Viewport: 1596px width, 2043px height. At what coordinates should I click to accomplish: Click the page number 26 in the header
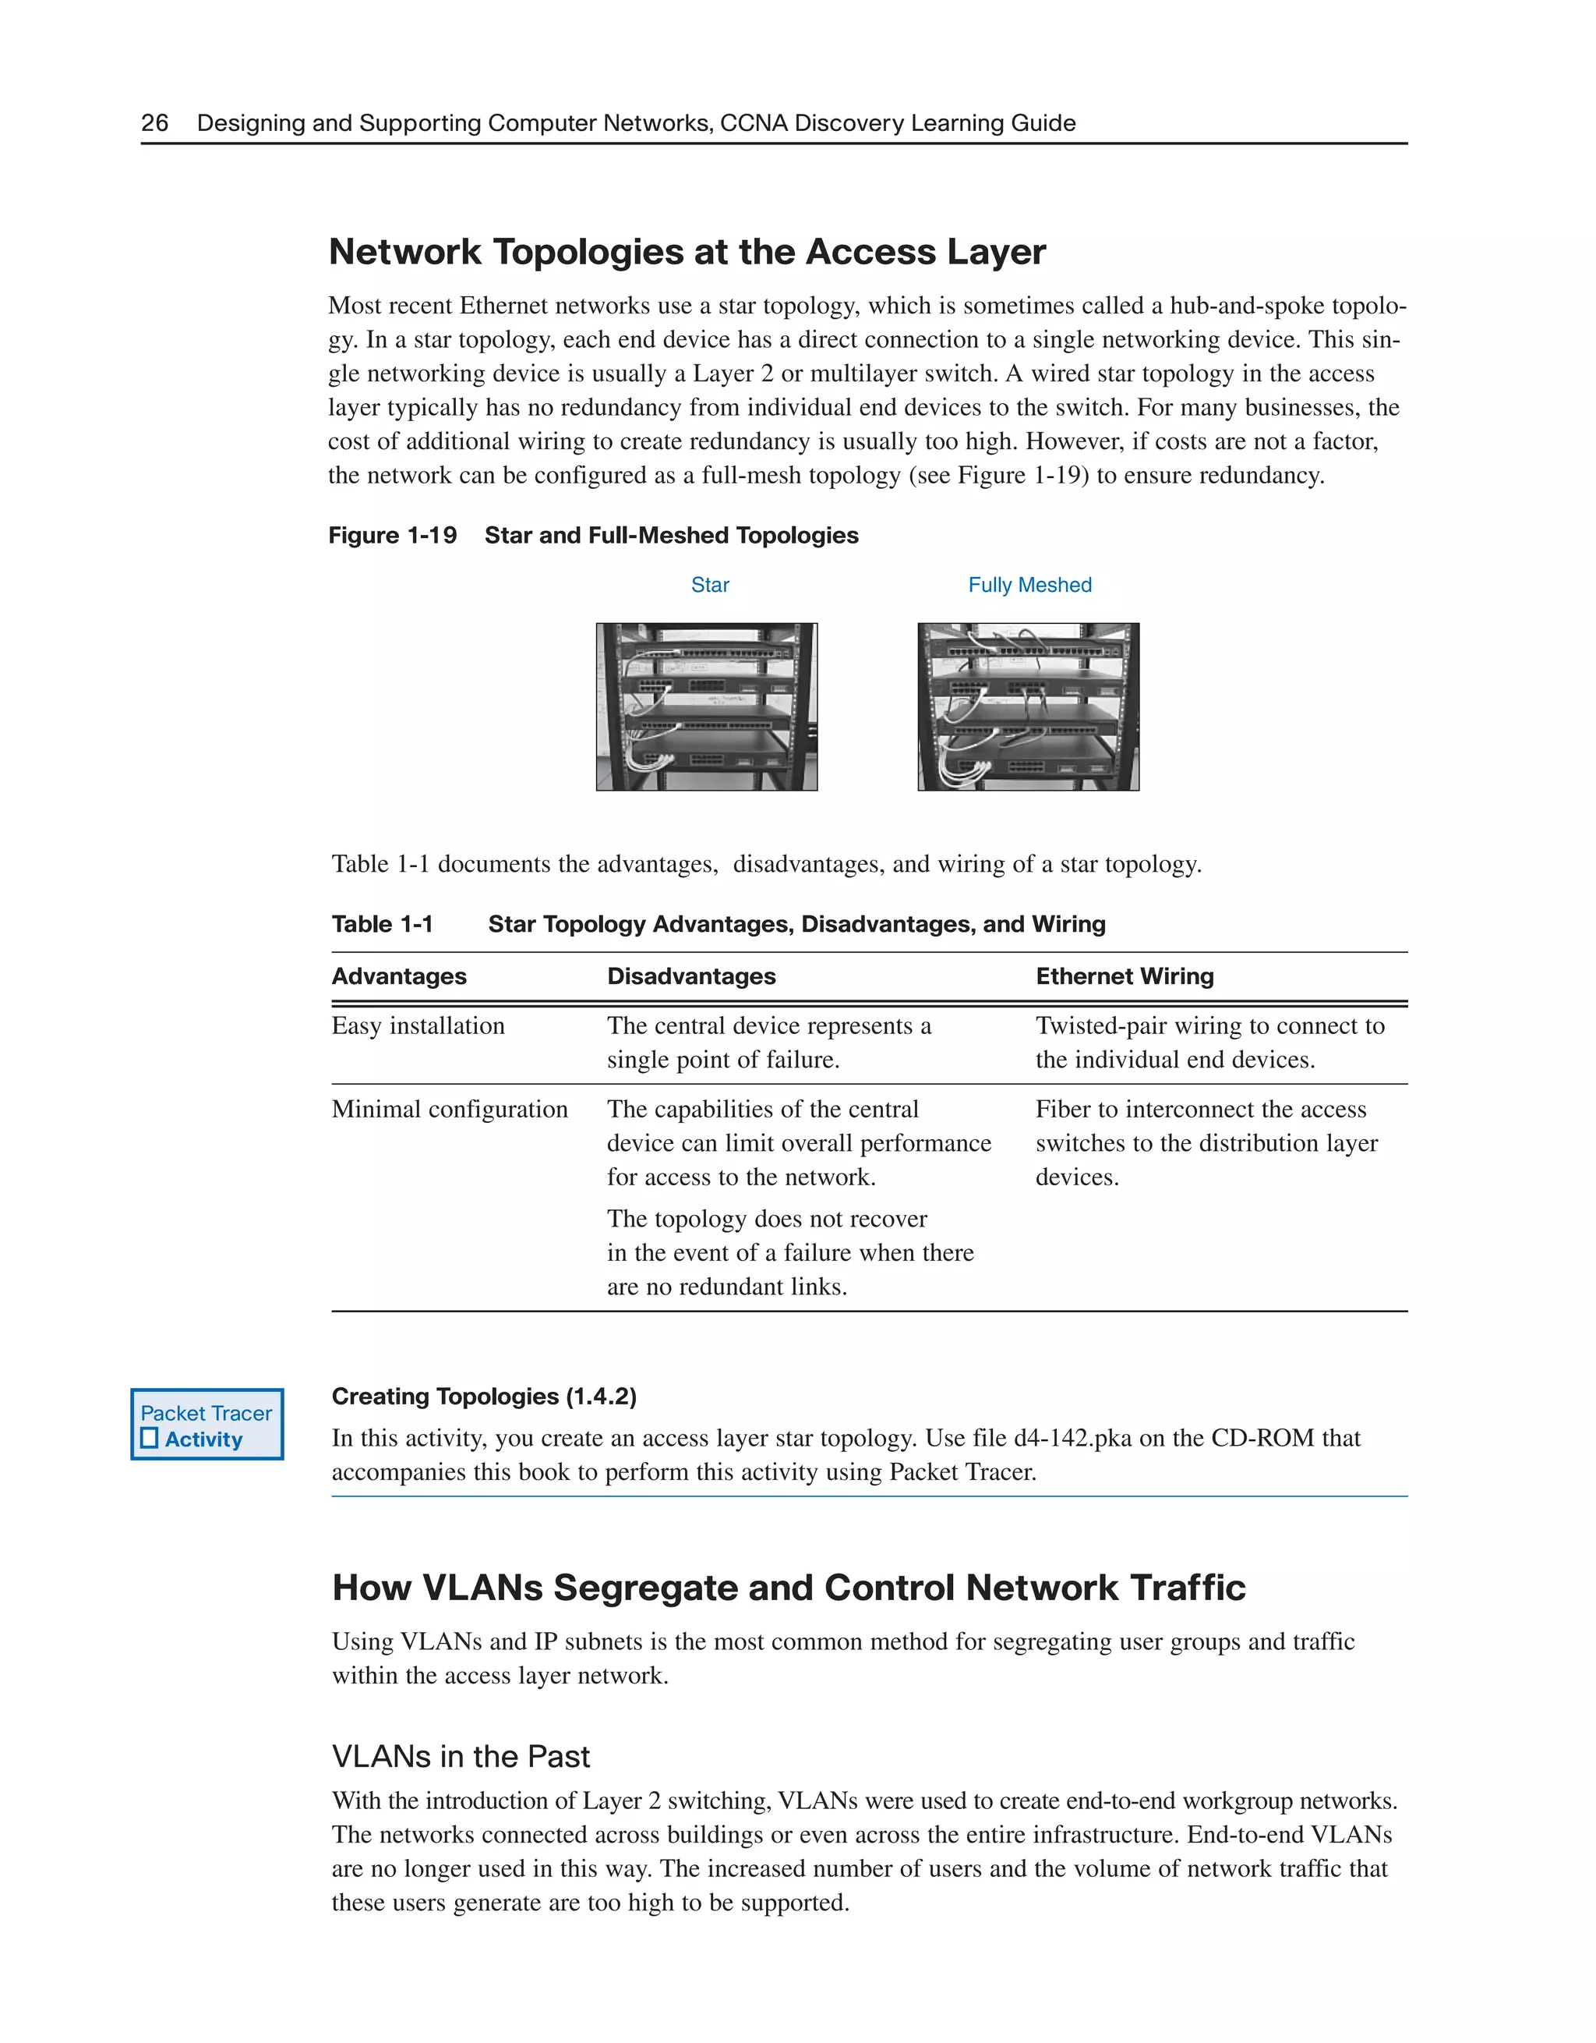point(154,122)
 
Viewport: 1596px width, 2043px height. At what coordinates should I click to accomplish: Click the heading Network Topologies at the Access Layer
point(687,252)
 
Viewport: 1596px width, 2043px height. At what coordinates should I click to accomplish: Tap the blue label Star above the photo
point(710,585)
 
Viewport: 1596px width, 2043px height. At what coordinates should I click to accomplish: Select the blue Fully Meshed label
point(1029,585)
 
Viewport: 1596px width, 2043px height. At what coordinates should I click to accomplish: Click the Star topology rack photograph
point(707,706)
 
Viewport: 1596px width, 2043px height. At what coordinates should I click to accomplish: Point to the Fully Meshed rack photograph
point(1029,706)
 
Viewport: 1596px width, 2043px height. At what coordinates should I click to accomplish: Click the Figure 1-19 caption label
point(392,535)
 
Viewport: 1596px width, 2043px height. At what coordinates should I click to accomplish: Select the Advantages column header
point(399,975)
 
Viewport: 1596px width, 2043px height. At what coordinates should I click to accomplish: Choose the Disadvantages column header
point(691,975)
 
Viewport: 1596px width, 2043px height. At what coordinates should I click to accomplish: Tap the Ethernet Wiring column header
point(1124,975)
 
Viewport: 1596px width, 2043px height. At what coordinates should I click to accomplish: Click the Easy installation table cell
point(418,1025)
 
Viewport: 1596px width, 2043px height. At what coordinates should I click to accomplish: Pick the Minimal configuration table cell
point(450,1109)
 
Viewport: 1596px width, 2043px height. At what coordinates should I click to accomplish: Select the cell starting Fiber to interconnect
point(1206,1142)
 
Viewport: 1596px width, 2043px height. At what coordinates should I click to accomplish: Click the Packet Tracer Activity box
point(207,1424)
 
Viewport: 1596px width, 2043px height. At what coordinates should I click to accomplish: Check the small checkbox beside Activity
point(150,1439)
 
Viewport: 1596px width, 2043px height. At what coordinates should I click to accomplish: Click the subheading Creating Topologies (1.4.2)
point(483,1396)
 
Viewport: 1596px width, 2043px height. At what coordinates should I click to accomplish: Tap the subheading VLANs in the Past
point(460,1756)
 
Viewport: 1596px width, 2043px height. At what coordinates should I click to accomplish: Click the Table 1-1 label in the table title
point(383,923)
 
